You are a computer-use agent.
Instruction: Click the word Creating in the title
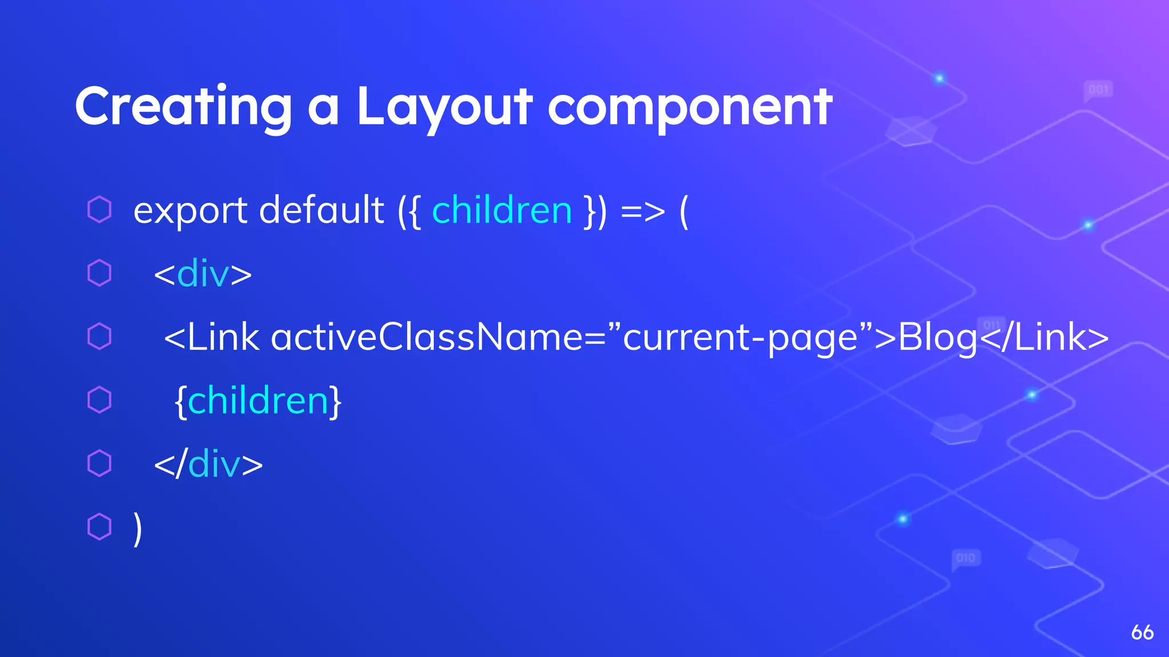tap(183, 107)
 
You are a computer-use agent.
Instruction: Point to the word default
tap(321, 210)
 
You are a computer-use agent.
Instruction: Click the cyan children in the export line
tap(502, 210)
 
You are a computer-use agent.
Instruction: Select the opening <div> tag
tap(203, 274)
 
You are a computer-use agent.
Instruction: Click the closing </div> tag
tap(208, 464)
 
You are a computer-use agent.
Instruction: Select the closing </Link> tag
tap(1045, 337)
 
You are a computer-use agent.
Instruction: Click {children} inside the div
tap(258, 401)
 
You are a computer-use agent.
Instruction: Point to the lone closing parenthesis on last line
tap(137, 528)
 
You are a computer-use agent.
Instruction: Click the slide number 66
tap(1142, 632)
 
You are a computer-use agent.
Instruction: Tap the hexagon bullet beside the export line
tap(99, 209)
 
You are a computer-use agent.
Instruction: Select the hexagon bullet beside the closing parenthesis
tap(99, 526)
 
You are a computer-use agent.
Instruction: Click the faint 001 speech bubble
tap(1098, 90)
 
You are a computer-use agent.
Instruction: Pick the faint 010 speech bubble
tap(966, 558)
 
